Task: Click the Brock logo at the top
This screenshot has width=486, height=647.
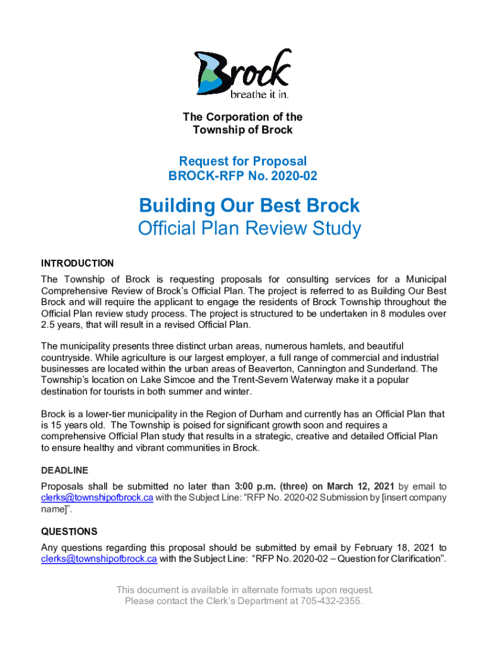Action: coord(243,73)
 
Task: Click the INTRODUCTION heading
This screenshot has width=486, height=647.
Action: coord(77,263)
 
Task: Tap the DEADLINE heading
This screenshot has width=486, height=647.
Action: coord(64,470)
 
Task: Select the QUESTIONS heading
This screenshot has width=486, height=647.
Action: coord(69,531)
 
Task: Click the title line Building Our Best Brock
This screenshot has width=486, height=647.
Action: coord(249,205)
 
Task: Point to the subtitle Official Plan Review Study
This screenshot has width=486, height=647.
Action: coord(249,228)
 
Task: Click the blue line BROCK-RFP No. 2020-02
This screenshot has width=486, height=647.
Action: coord(243,176)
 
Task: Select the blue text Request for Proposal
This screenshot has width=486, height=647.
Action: coord(243,162)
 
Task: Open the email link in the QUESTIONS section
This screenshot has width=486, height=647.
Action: coord(99,559)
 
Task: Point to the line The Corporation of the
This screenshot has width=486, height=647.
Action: coord(243,117)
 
